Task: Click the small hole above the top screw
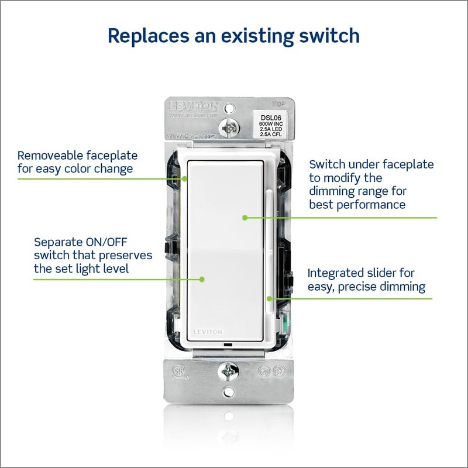pos(232,108)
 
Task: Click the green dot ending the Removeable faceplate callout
pos(184,178)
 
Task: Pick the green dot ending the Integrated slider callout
pos(270,298)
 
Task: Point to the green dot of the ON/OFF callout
pos(202,279)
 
